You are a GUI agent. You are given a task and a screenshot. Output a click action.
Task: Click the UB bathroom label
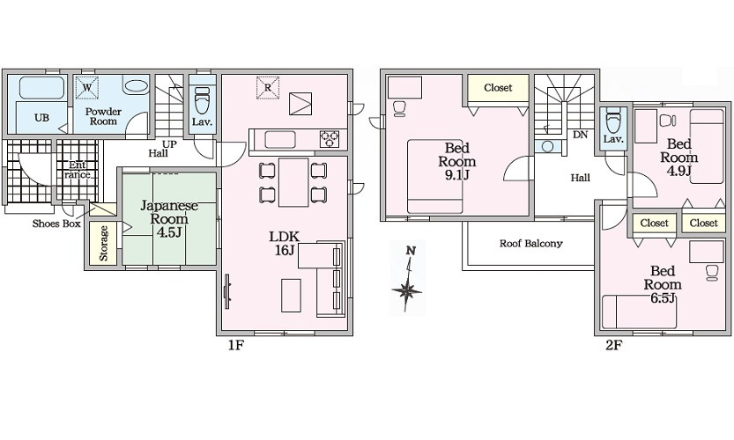41,118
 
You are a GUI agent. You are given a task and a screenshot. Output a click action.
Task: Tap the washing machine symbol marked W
87,87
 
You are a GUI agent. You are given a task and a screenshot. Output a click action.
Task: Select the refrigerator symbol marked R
267,87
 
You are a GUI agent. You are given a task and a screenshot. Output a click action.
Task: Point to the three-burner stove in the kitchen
330,139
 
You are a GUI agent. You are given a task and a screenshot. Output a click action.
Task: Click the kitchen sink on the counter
280,139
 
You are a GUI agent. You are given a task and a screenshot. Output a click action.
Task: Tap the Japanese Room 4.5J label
169,219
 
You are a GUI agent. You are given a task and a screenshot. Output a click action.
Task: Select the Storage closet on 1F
103,243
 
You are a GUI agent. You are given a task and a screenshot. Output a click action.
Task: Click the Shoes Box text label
56,224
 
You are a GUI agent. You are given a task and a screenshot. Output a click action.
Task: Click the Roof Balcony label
530,243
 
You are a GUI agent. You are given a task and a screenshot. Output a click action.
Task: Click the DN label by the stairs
580,135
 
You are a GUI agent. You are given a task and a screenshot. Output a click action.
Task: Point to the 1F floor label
236,345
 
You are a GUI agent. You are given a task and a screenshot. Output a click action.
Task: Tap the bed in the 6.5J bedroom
639,312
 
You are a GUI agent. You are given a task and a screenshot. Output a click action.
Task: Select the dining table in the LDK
293,182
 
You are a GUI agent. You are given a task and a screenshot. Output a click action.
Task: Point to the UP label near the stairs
169,144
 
